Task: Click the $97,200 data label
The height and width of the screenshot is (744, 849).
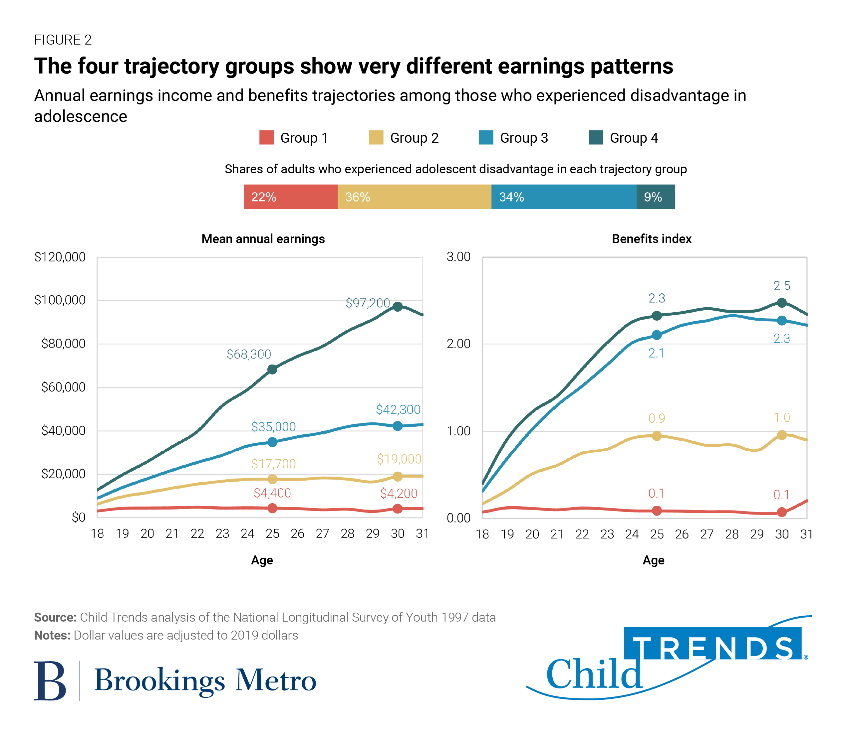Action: click(x=368, y=303)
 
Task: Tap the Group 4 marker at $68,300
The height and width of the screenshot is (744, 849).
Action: click(x=272, y=369)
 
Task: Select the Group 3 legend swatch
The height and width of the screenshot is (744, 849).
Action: click(x=486, y=137)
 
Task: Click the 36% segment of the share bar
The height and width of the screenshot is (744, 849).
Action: click(x=414, y=197)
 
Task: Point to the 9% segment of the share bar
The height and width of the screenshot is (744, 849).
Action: click(x=656, y=197)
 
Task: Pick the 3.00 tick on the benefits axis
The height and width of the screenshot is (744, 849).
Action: click(x=458, y=256)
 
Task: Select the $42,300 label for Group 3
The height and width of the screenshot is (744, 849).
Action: click(x=398, y=409)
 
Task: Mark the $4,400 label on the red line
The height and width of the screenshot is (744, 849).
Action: click(x=272, y=493)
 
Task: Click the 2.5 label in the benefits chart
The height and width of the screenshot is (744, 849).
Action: click(x=782, y=285)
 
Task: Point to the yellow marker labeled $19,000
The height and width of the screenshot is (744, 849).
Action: click(x=398, y=476)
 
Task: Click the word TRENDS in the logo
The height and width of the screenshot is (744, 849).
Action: click(x=712, y=648)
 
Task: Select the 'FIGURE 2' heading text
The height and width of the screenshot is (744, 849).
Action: click(x=63, y=40)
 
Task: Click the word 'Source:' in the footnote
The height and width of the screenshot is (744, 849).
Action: click(x=55, y=617)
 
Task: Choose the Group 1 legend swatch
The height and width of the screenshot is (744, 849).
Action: click(x=266, y=137)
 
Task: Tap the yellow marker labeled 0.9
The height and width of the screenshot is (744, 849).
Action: click(x=657, y=436)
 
